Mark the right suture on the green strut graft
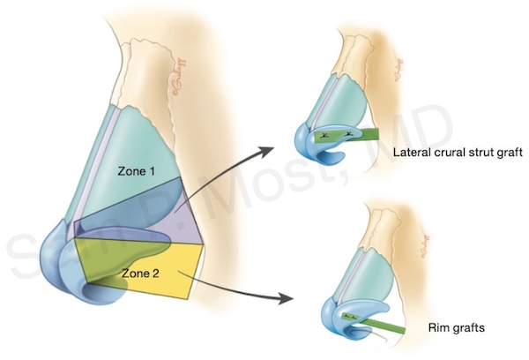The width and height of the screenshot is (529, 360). pos(350,134)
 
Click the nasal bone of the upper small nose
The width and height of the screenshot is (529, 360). pos(353,53)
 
